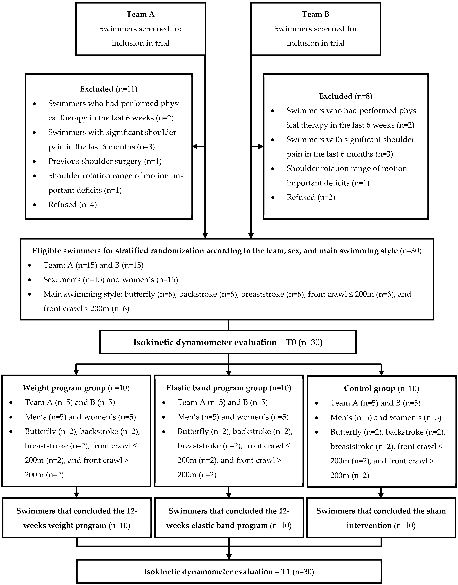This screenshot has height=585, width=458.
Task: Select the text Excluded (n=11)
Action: pos(109,89)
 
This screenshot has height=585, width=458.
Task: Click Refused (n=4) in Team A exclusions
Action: pos(72,205)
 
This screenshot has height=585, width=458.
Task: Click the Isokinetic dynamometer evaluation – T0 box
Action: pos(228,342)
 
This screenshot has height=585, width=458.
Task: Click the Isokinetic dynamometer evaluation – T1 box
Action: pos(229,572)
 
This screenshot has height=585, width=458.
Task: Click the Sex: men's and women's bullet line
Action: pos(111,280)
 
